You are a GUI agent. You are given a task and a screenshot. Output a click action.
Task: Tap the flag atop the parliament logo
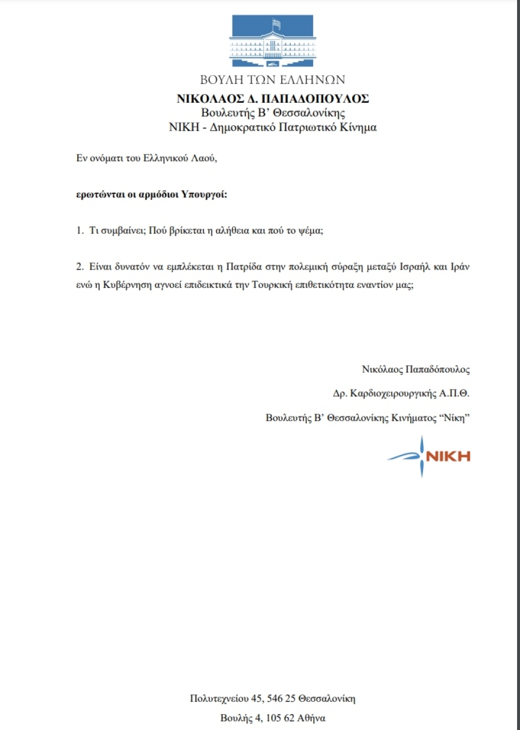click(x=275, y=24)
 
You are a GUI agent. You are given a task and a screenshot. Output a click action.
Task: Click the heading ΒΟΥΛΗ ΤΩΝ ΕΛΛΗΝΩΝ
click(x=272, y=80)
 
